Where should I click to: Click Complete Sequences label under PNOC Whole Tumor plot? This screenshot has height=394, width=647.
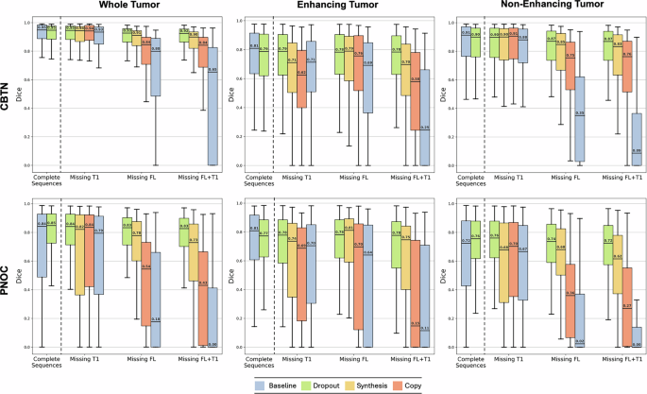coord(47,363)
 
